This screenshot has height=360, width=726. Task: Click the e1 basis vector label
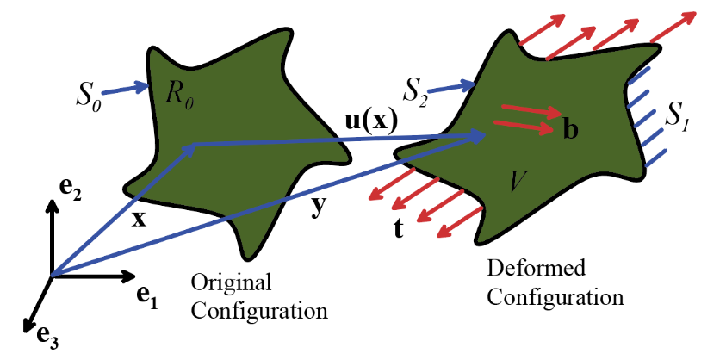coord(148,293)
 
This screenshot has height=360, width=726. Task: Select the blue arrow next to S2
coord(455,85)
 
